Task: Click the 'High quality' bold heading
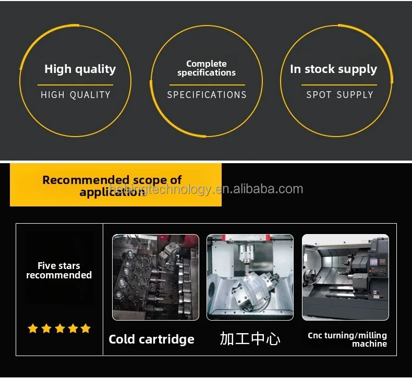pos(80,69)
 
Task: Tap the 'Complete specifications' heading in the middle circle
pos(207,68)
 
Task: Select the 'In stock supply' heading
pos(333,69)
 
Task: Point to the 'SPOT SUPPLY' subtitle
pos(340,95)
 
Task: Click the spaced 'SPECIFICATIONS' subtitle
pos(207,95)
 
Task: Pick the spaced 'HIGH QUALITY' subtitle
pos(76,95)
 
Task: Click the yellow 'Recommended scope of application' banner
pos(116,185)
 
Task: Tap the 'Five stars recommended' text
pos(59,271)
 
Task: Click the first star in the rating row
pos(33,328)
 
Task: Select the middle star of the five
pos(59,328)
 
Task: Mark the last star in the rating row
pos(86,328)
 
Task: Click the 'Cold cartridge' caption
pos(151,339)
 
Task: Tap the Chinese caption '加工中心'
pos(250,339)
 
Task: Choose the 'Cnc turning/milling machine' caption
pos(347,339)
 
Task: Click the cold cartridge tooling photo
pos(155,277)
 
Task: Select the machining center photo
pos(250,277)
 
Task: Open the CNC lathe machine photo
pos(345,277)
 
